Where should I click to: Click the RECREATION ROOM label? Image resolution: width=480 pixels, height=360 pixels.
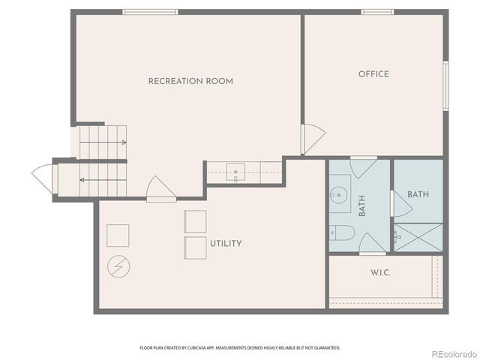[190, 81]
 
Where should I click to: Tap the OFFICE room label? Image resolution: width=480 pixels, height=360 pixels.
[373, 73]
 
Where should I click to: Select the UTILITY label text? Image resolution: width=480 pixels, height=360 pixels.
[226, 243]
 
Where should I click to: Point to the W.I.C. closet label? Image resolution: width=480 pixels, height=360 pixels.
[381, 272]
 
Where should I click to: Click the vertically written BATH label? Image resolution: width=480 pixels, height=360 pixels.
[362, 206]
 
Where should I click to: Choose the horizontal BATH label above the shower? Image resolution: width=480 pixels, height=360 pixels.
[418, 194]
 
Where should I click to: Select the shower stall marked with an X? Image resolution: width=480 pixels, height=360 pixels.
[418, 237]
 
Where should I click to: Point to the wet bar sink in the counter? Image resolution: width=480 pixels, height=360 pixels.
[236, 172]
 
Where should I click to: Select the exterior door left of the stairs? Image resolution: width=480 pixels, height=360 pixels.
[45, 177]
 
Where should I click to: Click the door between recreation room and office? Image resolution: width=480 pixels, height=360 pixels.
[311, 139]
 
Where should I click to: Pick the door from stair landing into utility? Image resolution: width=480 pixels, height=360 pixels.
[160, 190]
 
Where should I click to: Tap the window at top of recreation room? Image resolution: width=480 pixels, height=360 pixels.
[150, 12]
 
